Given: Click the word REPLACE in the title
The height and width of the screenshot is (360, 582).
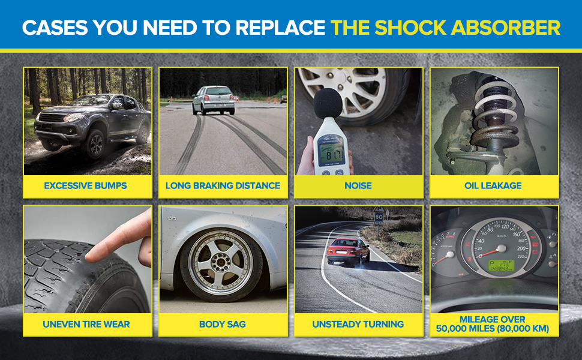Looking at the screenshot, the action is coord(280,28).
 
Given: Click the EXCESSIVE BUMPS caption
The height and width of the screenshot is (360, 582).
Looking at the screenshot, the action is coord(85,185).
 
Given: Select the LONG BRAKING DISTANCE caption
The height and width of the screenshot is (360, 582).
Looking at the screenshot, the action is coord(223,185).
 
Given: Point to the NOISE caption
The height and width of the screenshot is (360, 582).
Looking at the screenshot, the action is coord(358,185).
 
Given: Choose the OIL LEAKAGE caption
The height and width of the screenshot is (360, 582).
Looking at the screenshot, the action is coord(493,185).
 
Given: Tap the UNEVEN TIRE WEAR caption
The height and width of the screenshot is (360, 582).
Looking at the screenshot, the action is coord(86,324).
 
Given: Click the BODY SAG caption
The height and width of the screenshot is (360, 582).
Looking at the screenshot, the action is coord(223,324).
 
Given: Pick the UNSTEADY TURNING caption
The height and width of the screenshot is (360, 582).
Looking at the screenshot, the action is coord(358,324).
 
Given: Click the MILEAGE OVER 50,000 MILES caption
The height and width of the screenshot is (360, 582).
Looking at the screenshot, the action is coord(493,324).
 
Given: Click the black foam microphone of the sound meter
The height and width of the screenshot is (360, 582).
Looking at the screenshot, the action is coord(328,103).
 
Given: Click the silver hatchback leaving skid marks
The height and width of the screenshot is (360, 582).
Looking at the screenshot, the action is coord(214,100).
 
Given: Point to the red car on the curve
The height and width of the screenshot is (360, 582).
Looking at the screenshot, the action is coord(348,252).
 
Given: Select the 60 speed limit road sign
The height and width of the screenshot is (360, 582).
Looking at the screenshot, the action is coord(379,217).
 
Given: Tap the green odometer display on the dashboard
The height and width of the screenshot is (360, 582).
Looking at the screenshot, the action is coord(501,265).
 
